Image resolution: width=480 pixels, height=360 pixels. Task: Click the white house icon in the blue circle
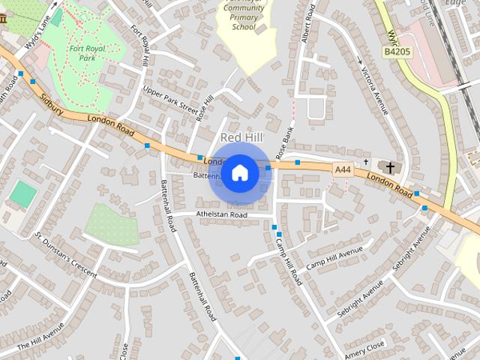tap(239, 173)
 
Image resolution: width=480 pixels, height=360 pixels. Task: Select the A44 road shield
tap(343, 170)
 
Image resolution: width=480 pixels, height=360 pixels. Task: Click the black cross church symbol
tap(390, 166)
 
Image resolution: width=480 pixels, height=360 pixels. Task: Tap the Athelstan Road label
tap(221, 214)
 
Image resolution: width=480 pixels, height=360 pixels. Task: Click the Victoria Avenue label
tap(373, 86)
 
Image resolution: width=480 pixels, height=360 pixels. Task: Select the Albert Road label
tap(305, 26)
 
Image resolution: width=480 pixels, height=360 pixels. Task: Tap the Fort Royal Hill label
tap(143, 44)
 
